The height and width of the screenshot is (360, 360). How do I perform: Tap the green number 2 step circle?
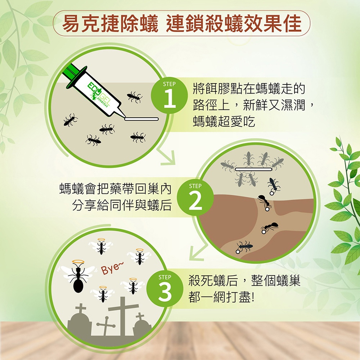(195, 197)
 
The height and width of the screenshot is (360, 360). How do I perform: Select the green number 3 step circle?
(165, 288)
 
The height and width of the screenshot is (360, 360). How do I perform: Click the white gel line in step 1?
(141, 119)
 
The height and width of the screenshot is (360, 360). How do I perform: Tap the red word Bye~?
(112, 269)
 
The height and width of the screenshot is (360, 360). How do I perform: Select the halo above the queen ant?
(78, 262)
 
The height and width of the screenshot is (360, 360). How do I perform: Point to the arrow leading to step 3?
(198, 252)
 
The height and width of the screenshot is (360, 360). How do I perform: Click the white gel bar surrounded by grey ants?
(253, 169)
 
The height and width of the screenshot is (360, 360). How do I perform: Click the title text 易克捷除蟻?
(110, 24)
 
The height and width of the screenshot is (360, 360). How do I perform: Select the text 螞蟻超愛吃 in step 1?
(224, 121)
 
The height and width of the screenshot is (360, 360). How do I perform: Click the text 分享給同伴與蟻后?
(122, 205)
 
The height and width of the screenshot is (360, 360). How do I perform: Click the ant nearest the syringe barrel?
(135, 97)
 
